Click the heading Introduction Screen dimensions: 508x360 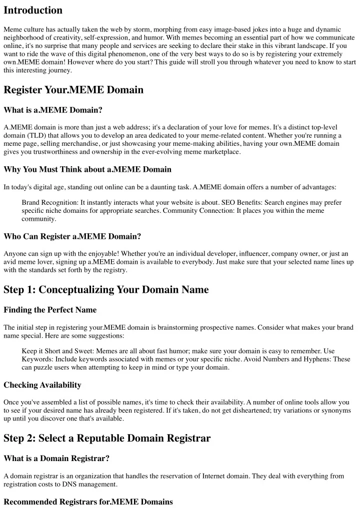tap(33, 10)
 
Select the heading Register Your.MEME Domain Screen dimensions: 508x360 tap(73, 90)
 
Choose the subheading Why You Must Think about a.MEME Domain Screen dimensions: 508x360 tap(87, 170)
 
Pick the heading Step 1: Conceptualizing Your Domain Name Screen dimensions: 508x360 tap(106, 290)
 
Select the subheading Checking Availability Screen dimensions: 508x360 tap(42, 385)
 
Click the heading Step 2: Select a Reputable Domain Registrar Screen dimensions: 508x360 tap(107, 439)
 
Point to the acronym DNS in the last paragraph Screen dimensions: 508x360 tap(75, 485)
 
